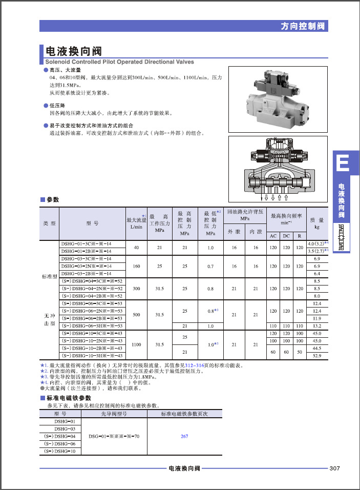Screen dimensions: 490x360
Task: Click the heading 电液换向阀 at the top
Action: pyautogui.click(x=74, y=51)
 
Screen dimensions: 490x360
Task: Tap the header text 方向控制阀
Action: pyautogui.click(x=304, y=26)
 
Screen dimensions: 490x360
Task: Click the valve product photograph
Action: pyautogui.click(x=277, y=102)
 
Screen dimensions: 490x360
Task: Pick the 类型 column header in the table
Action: pyautogui.click(x=50, y=223)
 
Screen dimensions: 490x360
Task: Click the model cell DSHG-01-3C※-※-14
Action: pyautogui.click(x=86, y=243)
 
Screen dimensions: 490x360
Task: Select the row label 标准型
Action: pyautogui.click(x=50, y=277)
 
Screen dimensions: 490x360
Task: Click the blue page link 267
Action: pyautogui.click(x=184, y=436)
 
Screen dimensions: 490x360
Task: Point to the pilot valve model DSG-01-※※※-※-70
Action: pyautogui.click(x=114, y=436)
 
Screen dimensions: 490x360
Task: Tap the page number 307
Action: pyautogui.click(x=335, y=468)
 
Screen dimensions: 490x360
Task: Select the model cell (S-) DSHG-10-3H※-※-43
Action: pyautogui.click(x=92, y=355)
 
